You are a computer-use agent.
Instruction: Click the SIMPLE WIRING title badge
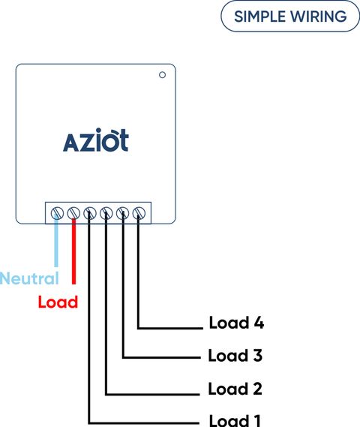tap(290, 17)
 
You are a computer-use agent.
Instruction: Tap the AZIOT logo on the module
tap(95, 140)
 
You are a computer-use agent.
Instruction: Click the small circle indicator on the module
tap(162, 75)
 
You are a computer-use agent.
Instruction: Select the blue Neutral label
tap(29, 278)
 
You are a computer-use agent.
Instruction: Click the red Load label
tap(58, 302)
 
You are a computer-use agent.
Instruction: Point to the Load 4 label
tap(236, 323)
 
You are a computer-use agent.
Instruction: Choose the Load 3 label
tap(235, 356)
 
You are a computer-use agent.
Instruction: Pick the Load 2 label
tap(235, 389)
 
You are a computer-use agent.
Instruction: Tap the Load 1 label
tap(235, 420)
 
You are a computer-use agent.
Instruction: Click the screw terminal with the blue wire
tap(57, 213)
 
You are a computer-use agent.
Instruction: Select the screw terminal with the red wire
tap(73, 213)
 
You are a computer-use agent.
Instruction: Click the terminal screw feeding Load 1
tap(90, 213)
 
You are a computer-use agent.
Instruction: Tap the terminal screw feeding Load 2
tap(106, 213)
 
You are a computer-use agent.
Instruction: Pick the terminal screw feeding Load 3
tap(122, 213)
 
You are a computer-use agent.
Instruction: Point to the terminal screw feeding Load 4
tap(139, 213)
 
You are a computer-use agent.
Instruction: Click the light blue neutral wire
tap(56, 241)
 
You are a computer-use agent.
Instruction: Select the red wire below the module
tap(73, 251)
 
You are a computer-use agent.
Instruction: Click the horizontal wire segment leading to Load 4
tap(170, 328)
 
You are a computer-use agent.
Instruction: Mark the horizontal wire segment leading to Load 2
tap(152, 394)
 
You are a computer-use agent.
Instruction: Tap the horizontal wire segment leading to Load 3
tap(162, 357)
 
